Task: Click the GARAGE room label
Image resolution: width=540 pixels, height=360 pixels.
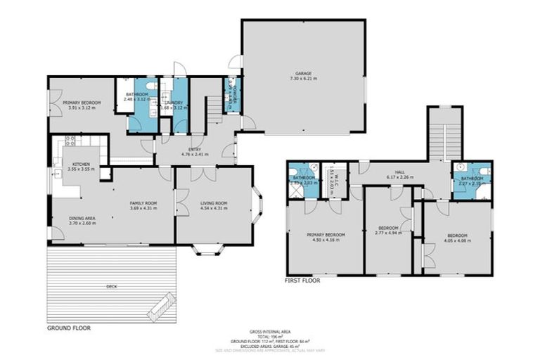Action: pyautogui.click(x=303, y=72)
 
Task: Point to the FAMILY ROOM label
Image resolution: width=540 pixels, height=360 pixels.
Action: pyautogui.click(x=143, y=202)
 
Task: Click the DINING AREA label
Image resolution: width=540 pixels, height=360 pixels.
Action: pyautogui.click(x=82, y=218)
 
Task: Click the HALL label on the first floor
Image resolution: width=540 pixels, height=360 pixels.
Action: pyautogui.click(x=399, y=172)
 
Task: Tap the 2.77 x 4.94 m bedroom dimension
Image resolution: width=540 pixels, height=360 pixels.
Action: pyautogui.click(x=388, y=233)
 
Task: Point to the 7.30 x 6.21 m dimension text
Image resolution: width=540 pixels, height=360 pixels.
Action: pyautogui.click(x=303, y=78)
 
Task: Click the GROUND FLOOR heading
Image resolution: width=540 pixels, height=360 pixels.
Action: pyautogui.click(x=69, y=328)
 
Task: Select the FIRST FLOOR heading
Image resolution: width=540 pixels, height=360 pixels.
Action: pyautogui.click(x=302, y=280)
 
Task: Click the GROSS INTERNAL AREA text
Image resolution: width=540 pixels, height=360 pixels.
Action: pyautogui.click(x=270, y=331)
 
